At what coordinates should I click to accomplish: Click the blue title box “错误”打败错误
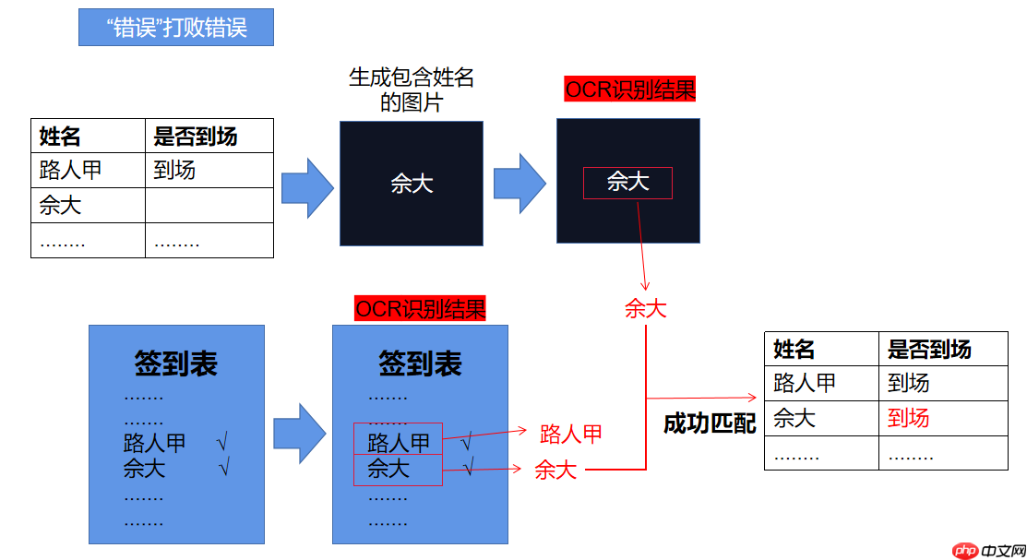(x=176, y=28)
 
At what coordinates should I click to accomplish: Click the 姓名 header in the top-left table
(x=60, y=137)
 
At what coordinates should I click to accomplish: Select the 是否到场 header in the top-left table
(x=196, y=137)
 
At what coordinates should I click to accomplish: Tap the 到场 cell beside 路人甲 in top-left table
(x=174, y=170)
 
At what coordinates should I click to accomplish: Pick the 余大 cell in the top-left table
(x=60, y=206)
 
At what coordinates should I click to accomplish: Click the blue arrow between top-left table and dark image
(x=306, y=188)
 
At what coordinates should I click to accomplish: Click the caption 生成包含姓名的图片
(x=412, y=89)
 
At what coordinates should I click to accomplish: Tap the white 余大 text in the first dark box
(x=412, y=184)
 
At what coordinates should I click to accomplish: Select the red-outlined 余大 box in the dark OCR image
(x=627, y=183)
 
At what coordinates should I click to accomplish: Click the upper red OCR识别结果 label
(x=629, y=89)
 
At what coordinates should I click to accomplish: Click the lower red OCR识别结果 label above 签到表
(x=420, y=308)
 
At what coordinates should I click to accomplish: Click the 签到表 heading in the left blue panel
(x=175, y=363)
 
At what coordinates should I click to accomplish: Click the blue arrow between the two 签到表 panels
(x=300, y=432)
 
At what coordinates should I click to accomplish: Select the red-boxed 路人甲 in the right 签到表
(x=398, y=442)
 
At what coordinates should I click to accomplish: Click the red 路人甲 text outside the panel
(x=571, y=433)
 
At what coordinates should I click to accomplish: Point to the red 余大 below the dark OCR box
(x=645, y=308)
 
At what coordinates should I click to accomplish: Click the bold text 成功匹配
(x=710, y=423)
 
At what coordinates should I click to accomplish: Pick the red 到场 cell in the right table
(x=908, y=418)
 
